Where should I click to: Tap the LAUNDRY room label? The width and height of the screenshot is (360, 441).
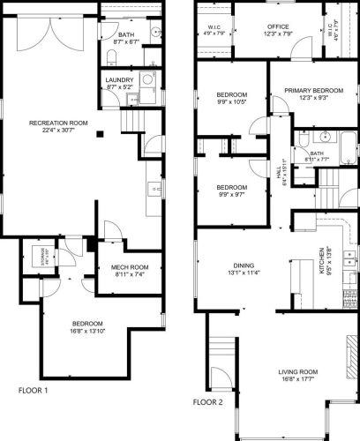point(119,80)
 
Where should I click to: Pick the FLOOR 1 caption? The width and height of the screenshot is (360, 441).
point(33,390)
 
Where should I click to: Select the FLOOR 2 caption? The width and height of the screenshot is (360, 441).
point(210,401)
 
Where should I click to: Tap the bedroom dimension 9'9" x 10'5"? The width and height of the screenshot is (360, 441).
point(232,101)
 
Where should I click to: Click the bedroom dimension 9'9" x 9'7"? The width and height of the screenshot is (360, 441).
point(231,194)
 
